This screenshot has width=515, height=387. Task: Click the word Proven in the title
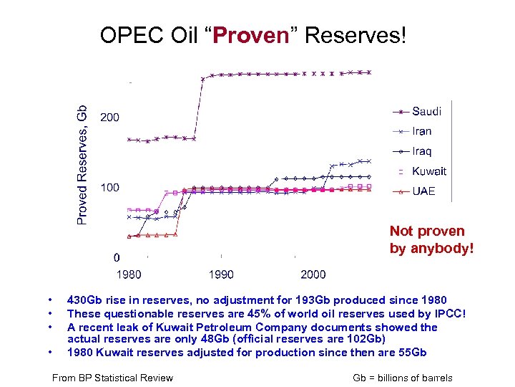click(250, 35)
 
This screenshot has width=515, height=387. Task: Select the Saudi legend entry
click(426, 111)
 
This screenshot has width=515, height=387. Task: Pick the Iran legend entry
click(422, 131)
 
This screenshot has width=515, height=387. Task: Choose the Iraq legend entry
click(422, 151)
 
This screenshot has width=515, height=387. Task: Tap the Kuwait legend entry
click(429, 171)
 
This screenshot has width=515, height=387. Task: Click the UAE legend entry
click(423, 191)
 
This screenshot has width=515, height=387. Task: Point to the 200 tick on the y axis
click(109, 118)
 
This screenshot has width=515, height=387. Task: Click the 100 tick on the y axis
click(109, 188)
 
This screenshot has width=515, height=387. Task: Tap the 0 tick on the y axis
click(117, 258)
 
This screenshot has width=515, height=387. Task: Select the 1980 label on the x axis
click(129, 274)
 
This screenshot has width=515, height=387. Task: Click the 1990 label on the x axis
click(221, 274)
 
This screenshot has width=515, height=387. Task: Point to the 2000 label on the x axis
click(313, 274)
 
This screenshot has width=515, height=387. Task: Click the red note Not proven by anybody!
click(431, 240)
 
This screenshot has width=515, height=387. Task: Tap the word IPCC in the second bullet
click(448, 313)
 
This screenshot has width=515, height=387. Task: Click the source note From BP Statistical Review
click(113, 378)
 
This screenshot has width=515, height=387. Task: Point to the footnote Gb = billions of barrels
click(403, 378)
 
